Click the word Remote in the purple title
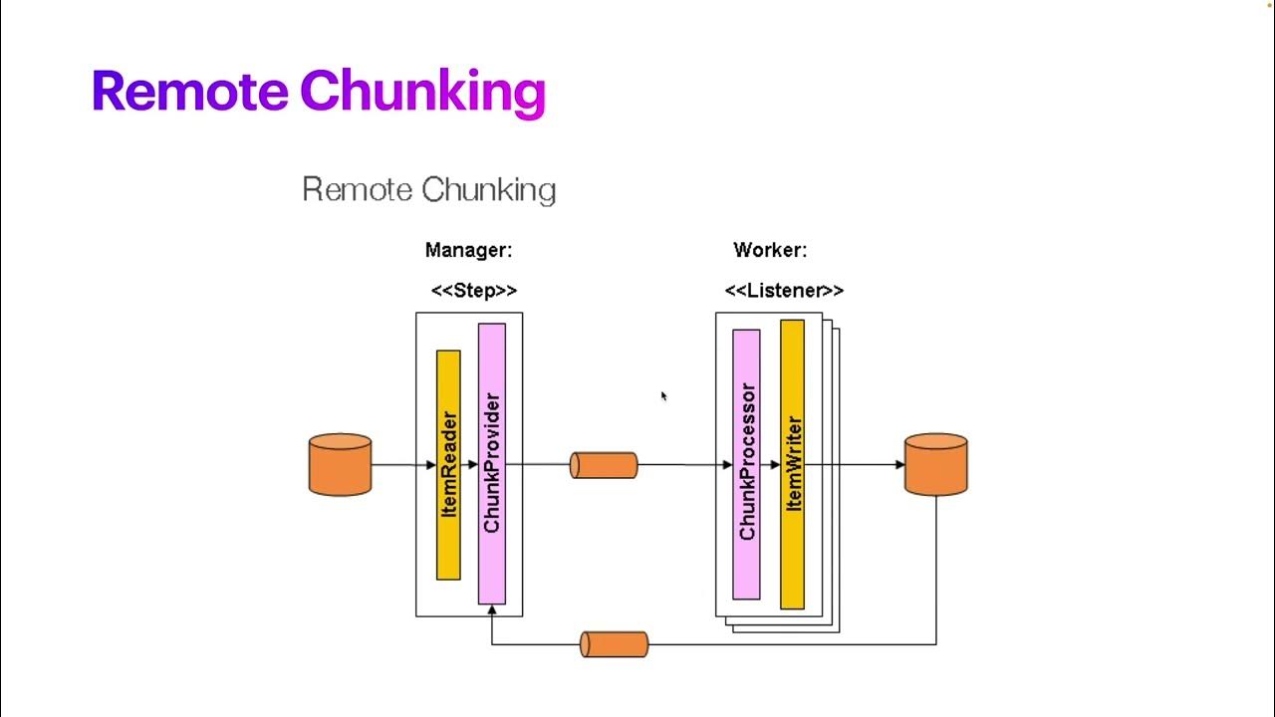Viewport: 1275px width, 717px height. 189,91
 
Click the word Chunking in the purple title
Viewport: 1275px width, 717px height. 422,93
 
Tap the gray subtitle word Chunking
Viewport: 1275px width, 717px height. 488,189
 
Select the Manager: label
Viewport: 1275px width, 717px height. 468,250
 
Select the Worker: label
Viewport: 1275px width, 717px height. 770,250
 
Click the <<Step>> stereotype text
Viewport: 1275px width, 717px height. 473,291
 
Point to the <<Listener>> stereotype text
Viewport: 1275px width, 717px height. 784,291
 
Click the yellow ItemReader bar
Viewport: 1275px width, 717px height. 448,464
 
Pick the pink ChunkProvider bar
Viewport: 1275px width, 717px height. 492,463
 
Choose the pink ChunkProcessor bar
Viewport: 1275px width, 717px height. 746,463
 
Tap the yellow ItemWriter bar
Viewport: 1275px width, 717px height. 792,463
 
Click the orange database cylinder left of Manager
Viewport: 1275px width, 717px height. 341,464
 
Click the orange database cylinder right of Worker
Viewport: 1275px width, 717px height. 935,464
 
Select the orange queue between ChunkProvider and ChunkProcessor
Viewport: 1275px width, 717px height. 604,465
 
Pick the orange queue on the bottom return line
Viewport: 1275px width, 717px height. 615,644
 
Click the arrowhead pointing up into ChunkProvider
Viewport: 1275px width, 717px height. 492,610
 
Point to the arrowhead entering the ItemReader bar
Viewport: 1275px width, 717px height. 431,465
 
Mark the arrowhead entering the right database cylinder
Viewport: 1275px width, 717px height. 899,465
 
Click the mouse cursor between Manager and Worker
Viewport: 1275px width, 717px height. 663,396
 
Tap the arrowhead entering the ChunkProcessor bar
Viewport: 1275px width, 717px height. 727,465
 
